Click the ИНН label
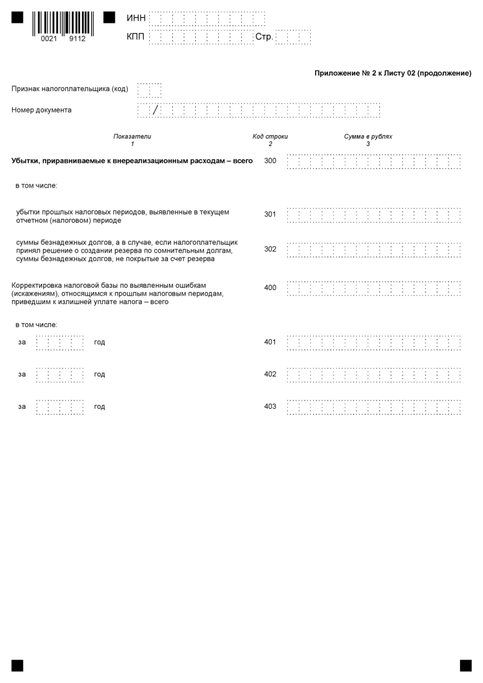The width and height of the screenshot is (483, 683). pyautogui.click(x=136, y=19)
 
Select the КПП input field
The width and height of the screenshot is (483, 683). pyautogui.click(x=201, y=38)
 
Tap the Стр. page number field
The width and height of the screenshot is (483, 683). pyautogui.click(x=293, y=38)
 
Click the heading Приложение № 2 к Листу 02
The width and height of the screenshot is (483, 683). pyautogui.click(x=392, y=74)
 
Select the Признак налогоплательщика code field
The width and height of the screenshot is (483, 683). pyautogui.click(x=150, y=90)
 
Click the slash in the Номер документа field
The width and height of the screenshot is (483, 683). pyautogui.click(x=155, y=110)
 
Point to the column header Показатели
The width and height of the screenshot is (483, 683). pyautogui.click(x=132, y=137)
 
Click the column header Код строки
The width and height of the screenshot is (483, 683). pyautogui.click(x=270, y=137)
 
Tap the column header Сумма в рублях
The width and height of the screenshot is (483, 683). pyautogui.click(x=368, y=137)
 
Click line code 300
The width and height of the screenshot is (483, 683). pyautogui.click(x=270, y=161)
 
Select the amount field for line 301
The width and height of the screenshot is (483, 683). pyautogui.click(x=373, y=215)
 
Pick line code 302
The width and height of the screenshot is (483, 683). pyautogui.click(x=270, y=249)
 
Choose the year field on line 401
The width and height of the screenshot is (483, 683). pyautogui.click(x=60, y=342)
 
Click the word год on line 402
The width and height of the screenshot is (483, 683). pyautogui.click(x=100, y=375)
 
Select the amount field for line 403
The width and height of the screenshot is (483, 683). pyautogui.click(x=373, y=407)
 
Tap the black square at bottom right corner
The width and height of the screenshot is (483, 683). pyautogui.click(x=465, y=665)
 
